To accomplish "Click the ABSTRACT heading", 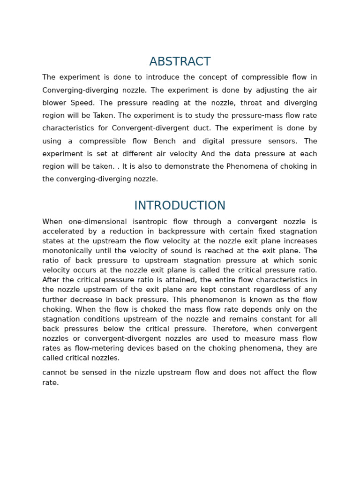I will click(x=180, y=61).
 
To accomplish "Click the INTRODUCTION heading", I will click(x=180, y=205).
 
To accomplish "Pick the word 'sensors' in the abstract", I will click(x=282, y=141).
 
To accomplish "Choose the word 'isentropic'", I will click(x=153, y=222).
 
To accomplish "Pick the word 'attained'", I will click(x=183, y=280).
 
